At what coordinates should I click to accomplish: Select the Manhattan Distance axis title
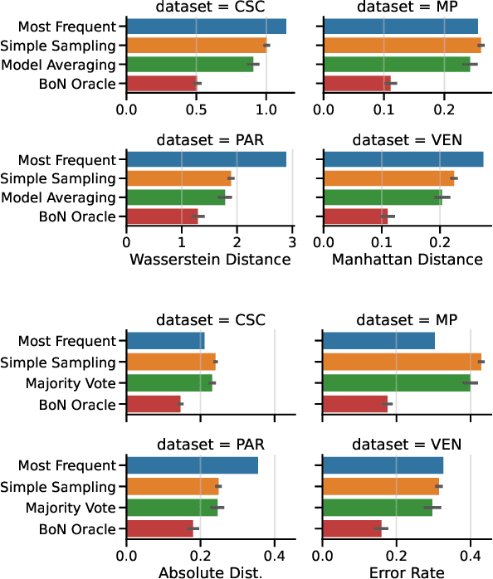pos(407,260)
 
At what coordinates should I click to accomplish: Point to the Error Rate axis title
pos(402,572)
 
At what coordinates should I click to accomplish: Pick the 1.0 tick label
pos(266,108)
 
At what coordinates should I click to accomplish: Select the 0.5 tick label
pos(196,108)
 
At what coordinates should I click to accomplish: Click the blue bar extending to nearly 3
pos(206,160)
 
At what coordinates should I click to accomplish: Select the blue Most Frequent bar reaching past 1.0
pos(206,27)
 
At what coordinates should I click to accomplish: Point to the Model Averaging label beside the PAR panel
pos(58,197)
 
